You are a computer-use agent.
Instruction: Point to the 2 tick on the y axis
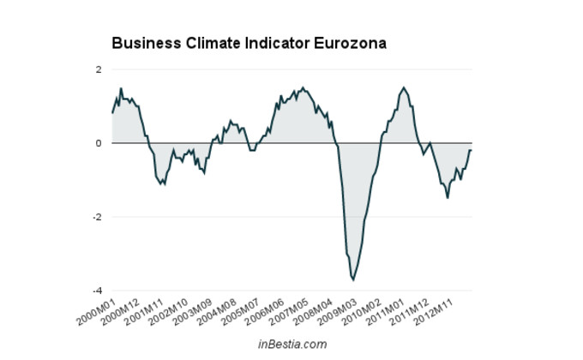tap(99, 69)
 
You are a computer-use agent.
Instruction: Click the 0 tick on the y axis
tap(99, 143)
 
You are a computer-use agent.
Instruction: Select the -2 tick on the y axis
tap(97, 217)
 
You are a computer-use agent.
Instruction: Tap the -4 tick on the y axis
tap(97, 291)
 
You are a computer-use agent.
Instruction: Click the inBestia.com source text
tap(292, 344)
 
